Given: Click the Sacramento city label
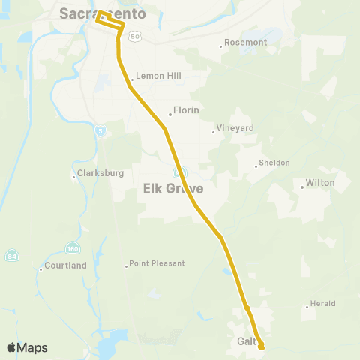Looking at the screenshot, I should [x=103, y=13].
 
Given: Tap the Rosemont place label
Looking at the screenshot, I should [x=245, y=43].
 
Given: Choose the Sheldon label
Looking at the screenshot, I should [x=274, y=163].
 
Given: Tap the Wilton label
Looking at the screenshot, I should [x=320, y=183].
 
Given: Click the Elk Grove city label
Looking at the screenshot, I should [x=173, y=189].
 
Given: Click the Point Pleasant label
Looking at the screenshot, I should [x=157, y=263].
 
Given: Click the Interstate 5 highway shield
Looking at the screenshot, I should [x=101, y=132].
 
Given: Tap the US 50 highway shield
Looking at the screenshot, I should [x=133, y=35].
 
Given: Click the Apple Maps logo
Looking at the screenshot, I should [x=28, y=347].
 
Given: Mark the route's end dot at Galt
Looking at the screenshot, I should [x=262, y=346].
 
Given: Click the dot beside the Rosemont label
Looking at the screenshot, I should [x=221, y=46].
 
